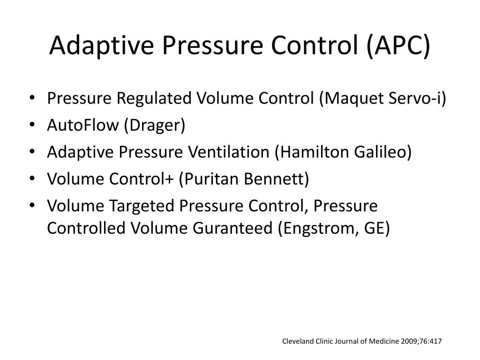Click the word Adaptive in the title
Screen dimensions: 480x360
[101, 45]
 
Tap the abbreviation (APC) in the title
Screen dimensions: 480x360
[398, 45]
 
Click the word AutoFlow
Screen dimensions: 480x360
[82, 125]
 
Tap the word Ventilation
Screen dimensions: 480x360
[228, 152]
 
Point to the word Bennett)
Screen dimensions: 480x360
[277, 179]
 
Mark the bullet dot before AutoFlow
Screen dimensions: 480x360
[32, 125]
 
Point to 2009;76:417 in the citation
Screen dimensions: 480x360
[421, 341]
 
